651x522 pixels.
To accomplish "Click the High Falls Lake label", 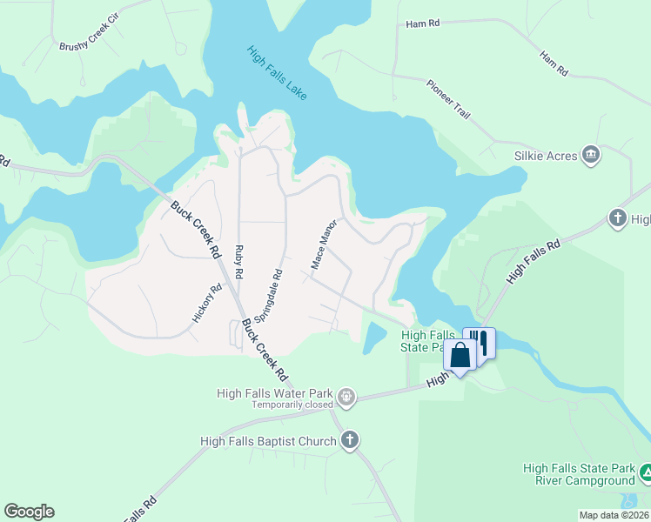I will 277,72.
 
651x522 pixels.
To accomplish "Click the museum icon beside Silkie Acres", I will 592,155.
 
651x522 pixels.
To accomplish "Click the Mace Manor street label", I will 323,244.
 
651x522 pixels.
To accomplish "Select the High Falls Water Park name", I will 277,393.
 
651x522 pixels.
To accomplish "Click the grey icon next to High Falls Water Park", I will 346,397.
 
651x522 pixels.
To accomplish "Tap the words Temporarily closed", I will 293,405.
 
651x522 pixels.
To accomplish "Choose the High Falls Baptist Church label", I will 268,441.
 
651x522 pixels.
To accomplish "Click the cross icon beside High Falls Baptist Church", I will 350,441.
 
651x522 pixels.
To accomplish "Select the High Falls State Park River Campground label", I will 579,474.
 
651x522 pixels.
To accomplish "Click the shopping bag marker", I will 460,355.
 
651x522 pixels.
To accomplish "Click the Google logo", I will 29,512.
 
